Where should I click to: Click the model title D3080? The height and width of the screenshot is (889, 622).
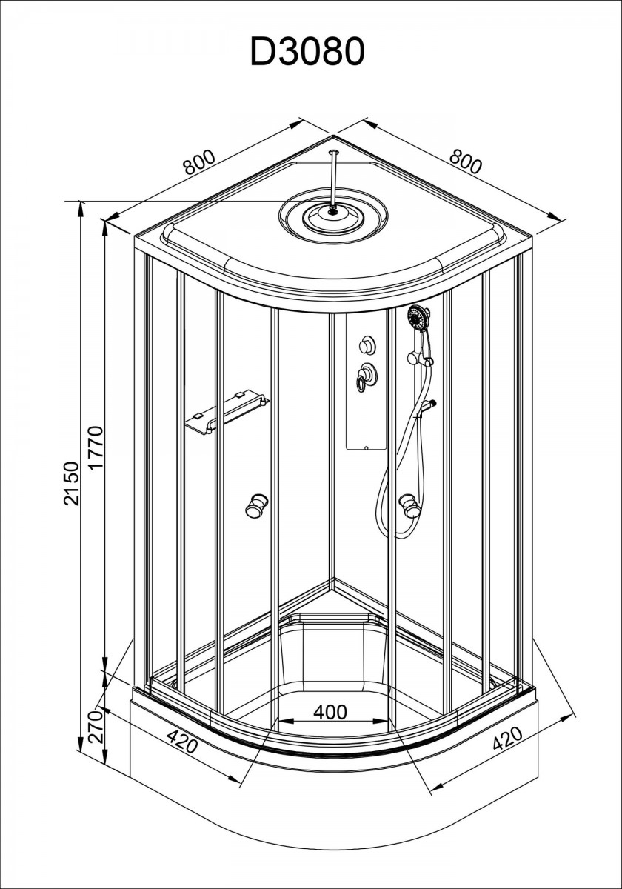pos(307,52)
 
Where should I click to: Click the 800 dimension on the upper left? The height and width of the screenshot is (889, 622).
pos(199,163)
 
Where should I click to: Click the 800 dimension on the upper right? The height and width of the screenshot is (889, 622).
pos(466,162)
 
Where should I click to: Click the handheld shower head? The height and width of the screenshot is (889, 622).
pos(418,318)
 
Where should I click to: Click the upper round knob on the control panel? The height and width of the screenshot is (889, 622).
pos(367,344)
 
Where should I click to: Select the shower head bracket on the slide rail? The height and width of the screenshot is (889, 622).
pos(421,359)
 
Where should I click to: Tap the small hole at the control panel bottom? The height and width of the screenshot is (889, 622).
pos(366,448)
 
